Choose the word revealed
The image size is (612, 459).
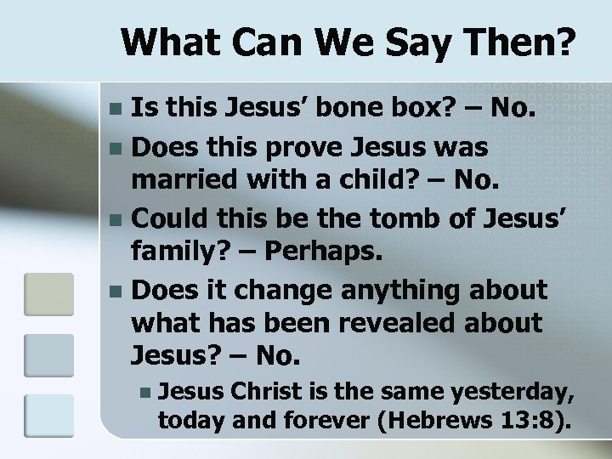391,323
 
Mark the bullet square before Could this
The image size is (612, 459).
116,218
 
